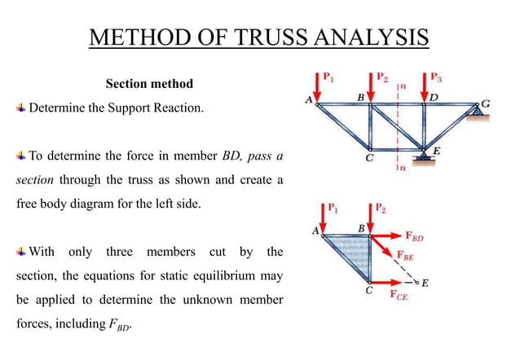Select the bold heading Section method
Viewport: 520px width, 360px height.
149,84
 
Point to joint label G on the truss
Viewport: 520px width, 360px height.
486,103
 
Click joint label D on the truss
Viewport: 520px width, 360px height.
434,98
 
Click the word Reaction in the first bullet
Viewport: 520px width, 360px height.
176,108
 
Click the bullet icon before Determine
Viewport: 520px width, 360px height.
21,108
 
